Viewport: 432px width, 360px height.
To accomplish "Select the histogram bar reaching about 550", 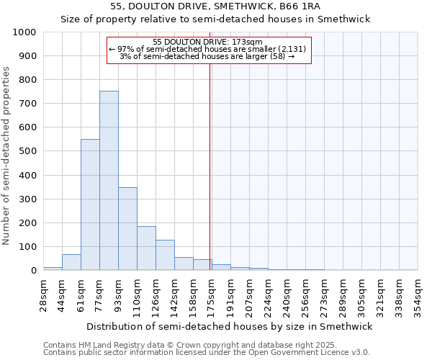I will [x=90, y=204].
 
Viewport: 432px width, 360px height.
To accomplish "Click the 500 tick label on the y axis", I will [x=28, y=151].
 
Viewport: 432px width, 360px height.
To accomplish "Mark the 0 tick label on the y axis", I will [x=34, y=271].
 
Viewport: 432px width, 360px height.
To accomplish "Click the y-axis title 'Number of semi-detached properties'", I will [x=6, y=156].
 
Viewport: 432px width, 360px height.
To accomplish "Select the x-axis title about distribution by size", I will [x=230, y=326].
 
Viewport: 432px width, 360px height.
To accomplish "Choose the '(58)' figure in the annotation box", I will [x=278, y=56].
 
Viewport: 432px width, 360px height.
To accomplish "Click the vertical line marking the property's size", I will [x=210, y=158].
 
